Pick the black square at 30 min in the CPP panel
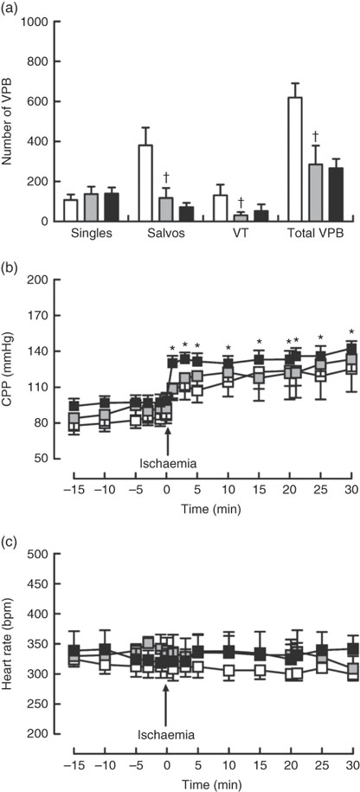click(351, 349)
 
